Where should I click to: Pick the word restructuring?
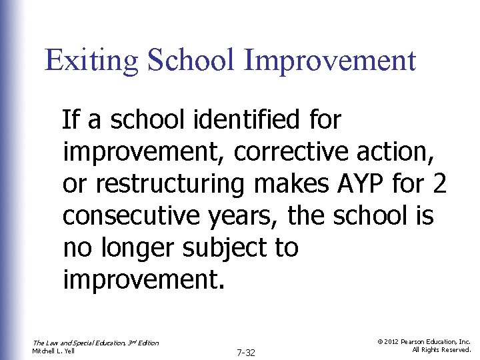tap(160, 185)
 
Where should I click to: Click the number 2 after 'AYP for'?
tap(439, 185)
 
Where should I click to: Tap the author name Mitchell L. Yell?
tap(54, 351)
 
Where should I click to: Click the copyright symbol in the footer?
tap(380, 341)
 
